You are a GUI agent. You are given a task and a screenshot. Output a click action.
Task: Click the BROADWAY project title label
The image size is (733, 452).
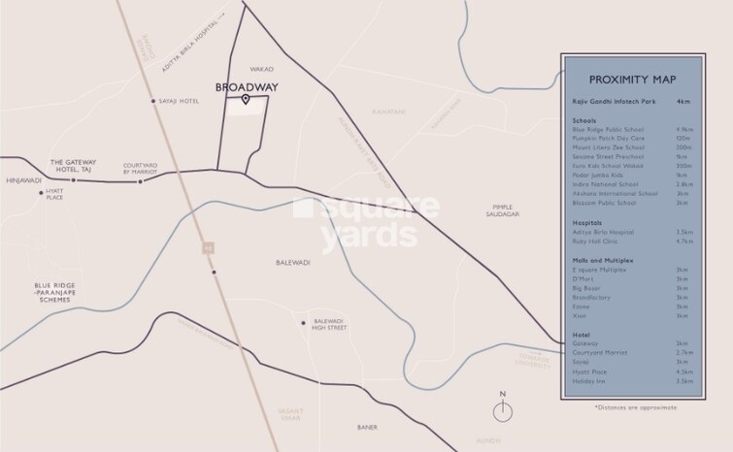[246, 87]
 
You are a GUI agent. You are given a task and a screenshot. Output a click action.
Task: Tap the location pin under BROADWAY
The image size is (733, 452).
[246, 100]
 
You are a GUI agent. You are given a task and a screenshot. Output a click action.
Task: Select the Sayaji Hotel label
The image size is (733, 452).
[180, 101]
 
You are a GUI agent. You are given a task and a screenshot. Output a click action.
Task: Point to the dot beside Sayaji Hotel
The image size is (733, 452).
[152, 101]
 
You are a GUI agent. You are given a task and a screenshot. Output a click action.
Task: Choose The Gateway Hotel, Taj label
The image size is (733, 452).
[70, 165]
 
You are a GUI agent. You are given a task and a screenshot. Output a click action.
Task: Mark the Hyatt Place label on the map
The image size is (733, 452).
[53, 195]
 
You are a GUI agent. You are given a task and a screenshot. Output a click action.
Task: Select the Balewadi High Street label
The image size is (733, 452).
[328, 324]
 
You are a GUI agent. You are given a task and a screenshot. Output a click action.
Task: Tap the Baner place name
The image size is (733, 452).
[366, 428]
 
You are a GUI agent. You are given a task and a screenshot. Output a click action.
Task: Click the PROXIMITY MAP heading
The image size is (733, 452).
[632, 81]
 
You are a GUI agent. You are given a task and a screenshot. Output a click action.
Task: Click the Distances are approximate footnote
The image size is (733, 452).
[636, 407]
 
